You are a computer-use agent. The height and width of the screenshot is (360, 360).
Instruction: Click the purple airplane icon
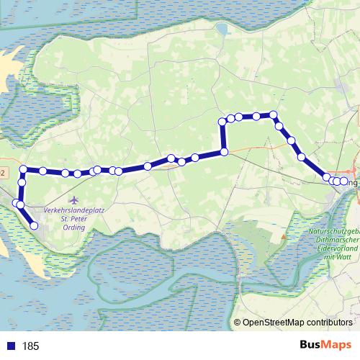click(x=73, y=199)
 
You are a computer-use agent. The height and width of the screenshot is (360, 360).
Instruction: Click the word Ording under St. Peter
click(x=73, y=228)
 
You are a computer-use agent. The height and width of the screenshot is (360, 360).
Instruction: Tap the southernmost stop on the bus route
click(x=34, y=226)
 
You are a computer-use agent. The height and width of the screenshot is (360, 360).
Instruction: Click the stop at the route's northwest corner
click(x=24, y=170)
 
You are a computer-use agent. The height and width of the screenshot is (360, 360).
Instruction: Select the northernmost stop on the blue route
click(x=274, y=114)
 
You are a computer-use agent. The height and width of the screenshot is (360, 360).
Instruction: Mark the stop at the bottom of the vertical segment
click(x=224, y=151)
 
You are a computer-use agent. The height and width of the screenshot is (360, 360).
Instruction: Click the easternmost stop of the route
click(x=343, y=181)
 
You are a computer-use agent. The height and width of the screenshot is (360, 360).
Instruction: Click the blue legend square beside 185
click(x=11, y=346)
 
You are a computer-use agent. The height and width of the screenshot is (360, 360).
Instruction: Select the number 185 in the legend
click(x=31, y=346)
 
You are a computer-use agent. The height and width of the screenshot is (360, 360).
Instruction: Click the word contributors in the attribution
click(x=332, y=323)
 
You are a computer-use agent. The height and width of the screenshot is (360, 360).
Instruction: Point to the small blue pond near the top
click(x=221, y=30)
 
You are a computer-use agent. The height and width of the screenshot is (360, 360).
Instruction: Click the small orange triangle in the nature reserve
click(x=286, y=235)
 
